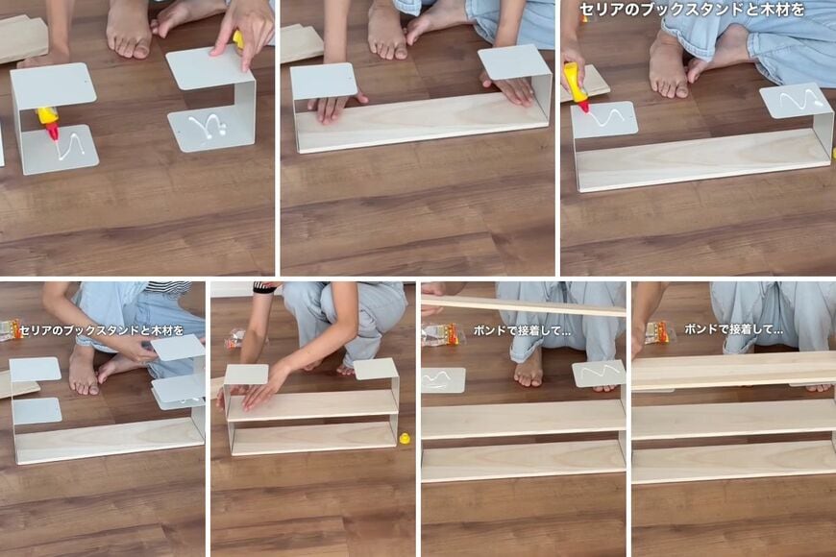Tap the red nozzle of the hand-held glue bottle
pos(583,106)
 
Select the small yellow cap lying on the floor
pos(405,439)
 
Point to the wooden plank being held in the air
pos(524,305)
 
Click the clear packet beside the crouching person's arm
pos(234,337)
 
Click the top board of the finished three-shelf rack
pos(733,371)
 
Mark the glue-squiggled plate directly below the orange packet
pos(442,379)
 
